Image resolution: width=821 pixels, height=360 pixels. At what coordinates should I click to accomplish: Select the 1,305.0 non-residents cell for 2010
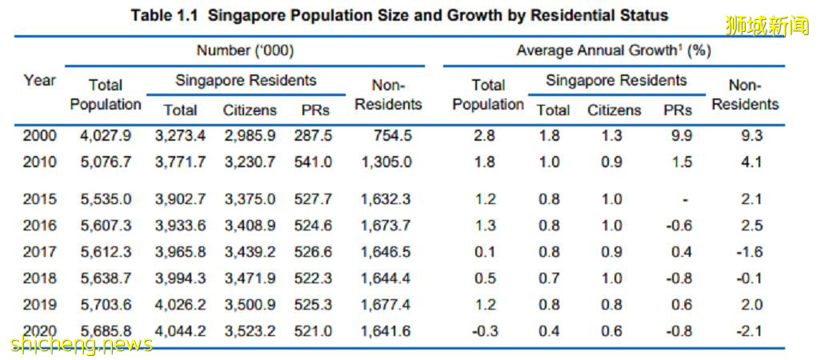pyautogui.click(x=388, y=162)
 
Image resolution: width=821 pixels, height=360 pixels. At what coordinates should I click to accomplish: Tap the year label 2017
pyautogui.click(x=39, y=252)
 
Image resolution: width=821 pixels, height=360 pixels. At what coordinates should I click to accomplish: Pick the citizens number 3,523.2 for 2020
pyautogui.click(x=250, y=330)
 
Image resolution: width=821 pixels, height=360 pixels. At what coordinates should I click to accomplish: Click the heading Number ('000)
pyautogui.click(x=245, y=50)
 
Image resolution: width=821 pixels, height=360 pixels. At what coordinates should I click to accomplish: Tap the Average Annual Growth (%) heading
pyautogui.click(x=613, y=50)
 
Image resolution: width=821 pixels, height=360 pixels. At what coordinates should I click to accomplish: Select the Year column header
pyautogui.click(x=39, y=80)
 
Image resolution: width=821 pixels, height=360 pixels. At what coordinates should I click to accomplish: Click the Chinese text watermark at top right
pyautogui.click(x=767, y=26)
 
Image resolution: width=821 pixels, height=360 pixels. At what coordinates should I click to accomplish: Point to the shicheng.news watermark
pyautogui.click(x=82, y=344)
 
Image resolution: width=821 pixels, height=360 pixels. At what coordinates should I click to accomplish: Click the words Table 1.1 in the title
pyautogui.click(x=165, y=15)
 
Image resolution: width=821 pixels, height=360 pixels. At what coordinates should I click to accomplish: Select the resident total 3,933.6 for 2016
pyautogui.click(x=180, y=226)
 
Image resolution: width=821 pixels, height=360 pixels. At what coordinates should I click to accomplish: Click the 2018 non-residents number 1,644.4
pyautogui.click(x=388, y=278)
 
